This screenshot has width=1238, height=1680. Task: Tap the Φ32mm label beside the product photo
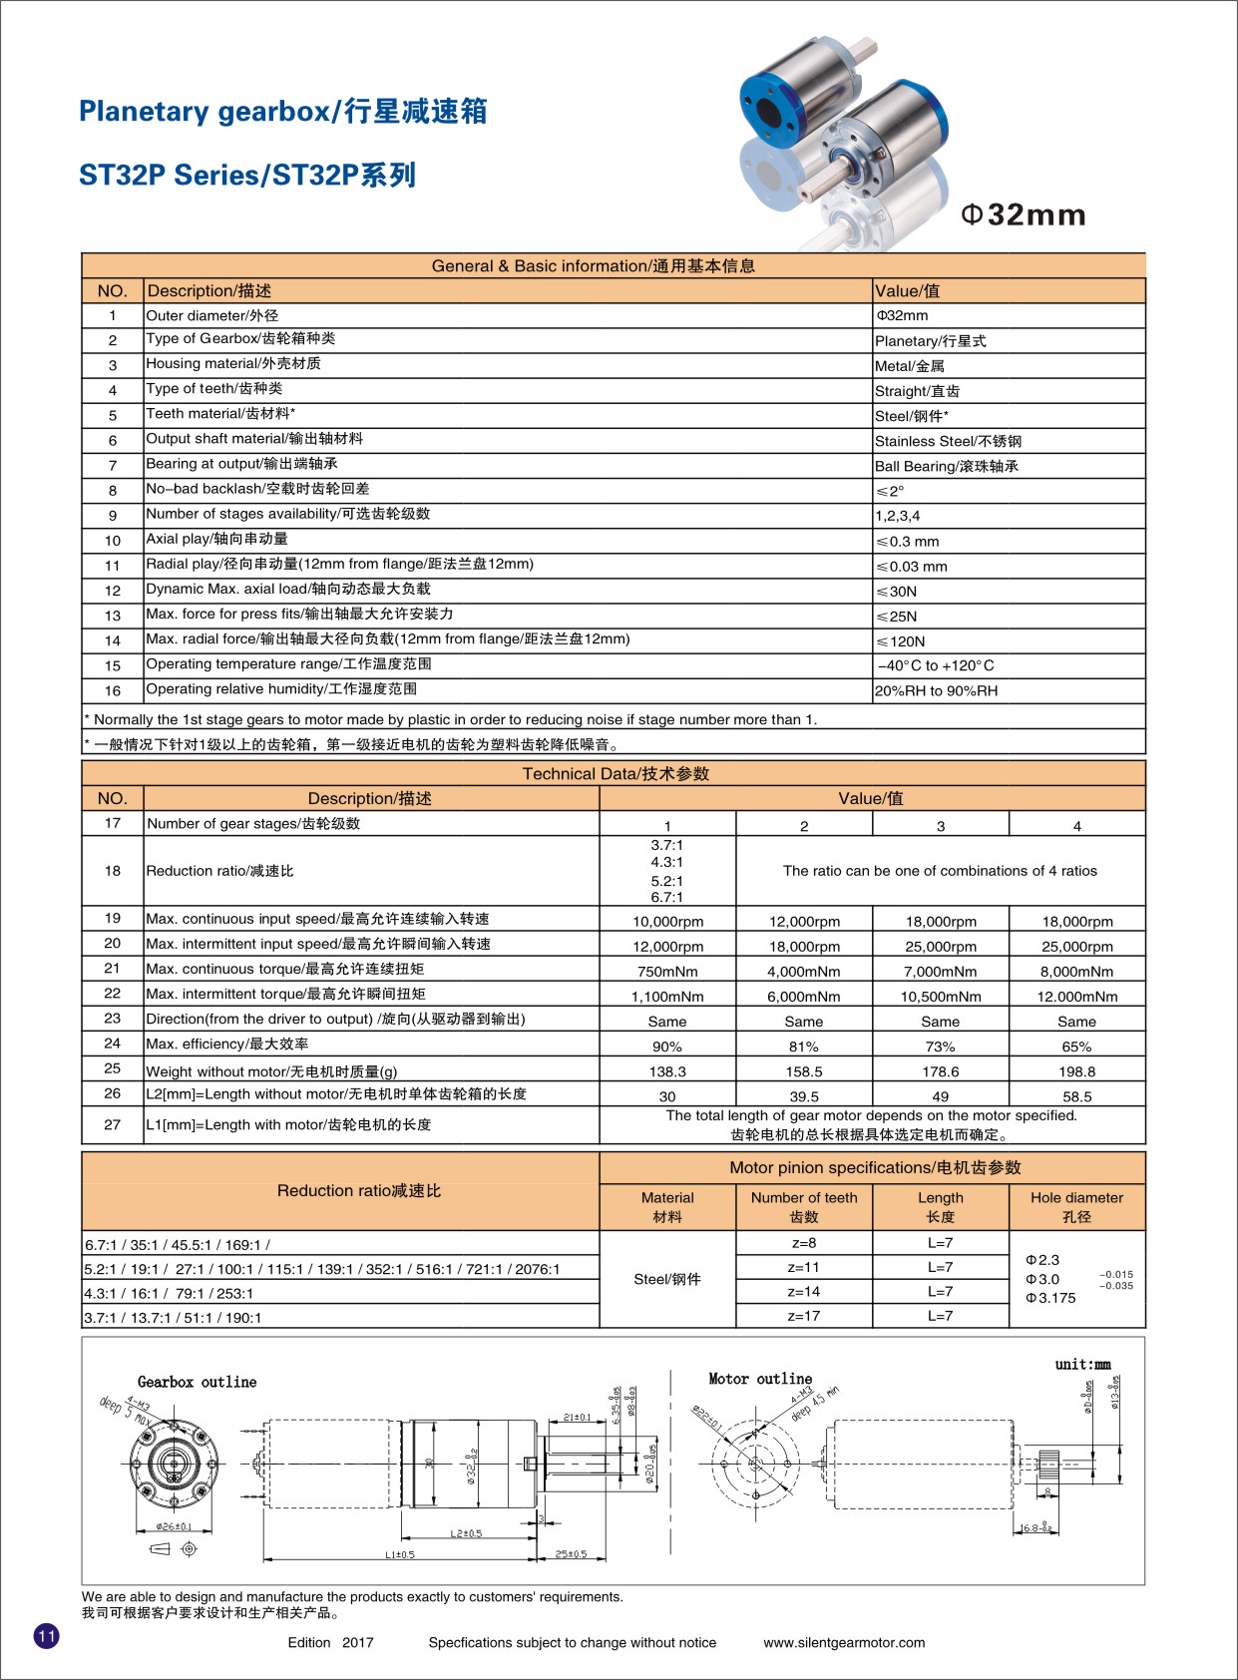[1023, 214]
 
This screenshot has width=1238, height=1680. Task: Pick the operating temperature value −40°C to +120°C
[935, 665]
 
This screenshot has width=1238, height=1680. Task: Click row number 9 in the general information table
[113, 515]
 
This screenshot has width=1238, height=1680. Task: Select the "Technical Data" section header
[616, 773]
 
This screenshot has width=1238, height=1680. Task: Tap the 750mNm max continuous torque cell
[667, 972]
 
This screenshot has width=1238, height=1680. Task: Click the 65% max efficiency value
[1076, 1047]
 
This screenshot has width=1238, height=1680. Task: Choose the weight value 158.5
[804, 1071]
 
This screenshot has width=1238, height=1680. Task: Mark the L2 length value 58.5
[1076, 1096]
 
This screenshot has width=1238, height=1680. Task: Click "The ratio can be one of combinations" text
[940, 871]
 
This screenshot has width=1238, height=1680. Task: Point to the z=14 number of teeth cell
[804, 1292]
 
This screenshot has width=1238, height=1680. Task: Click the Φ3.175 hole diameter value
[1050, 1298]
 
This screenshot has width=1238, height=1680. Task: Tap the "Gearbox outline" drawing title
[197, 1382]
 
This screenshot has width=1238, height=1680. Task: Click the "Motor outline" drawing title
[760, 1379]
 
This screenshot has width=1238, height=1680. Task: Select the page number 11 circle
[47, 1636]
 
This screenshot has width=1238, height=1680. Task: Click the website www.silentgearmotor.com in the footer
[844, 1642]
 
